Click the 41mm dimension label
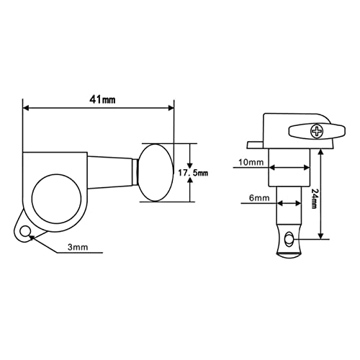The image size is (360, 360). click(x=102, y=99)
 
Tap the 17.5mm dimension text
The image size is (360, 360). click(x=193, y=173)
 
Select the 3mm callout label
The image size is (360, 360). click(x=78, y=247)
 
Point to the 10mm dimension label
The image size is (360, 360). click(x=251, y=163)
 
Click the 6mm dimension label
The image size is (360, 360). click(x=259, y=198)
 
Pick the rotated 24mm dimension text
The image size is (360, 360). click(x=314, y=198)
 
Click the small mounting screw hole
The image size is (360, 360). click(x=25, y=232)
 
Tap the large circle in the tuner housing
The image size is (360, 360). click(x=56, y=199)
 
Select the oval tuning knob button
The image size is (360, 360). click(x=156, y=173)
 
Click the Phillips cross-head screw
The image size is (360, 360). click(x=317, y=131)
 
